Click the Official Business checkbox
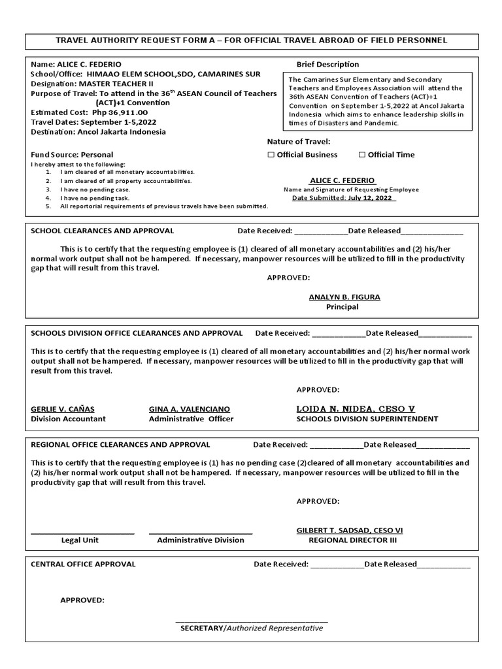tap(271, 155)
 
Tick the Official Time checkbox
tap(362, 155)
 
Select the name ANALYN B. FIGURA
tap(344, 297)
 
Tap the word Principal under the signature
tap(343, 306)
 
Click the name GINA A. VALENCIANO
tap(190, 409)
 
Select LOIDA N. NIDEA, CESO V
tap(355, 409)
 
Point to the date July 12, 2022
tap(371, 198)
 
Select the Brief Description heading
tap(327, 64)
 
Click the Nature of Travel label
tap(299, 141)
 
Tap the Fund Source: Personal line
tap(72, 155)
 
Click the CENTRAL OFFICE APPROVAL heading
tap(83, 564)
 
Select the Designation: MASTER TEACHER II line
tap(92, 84)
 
